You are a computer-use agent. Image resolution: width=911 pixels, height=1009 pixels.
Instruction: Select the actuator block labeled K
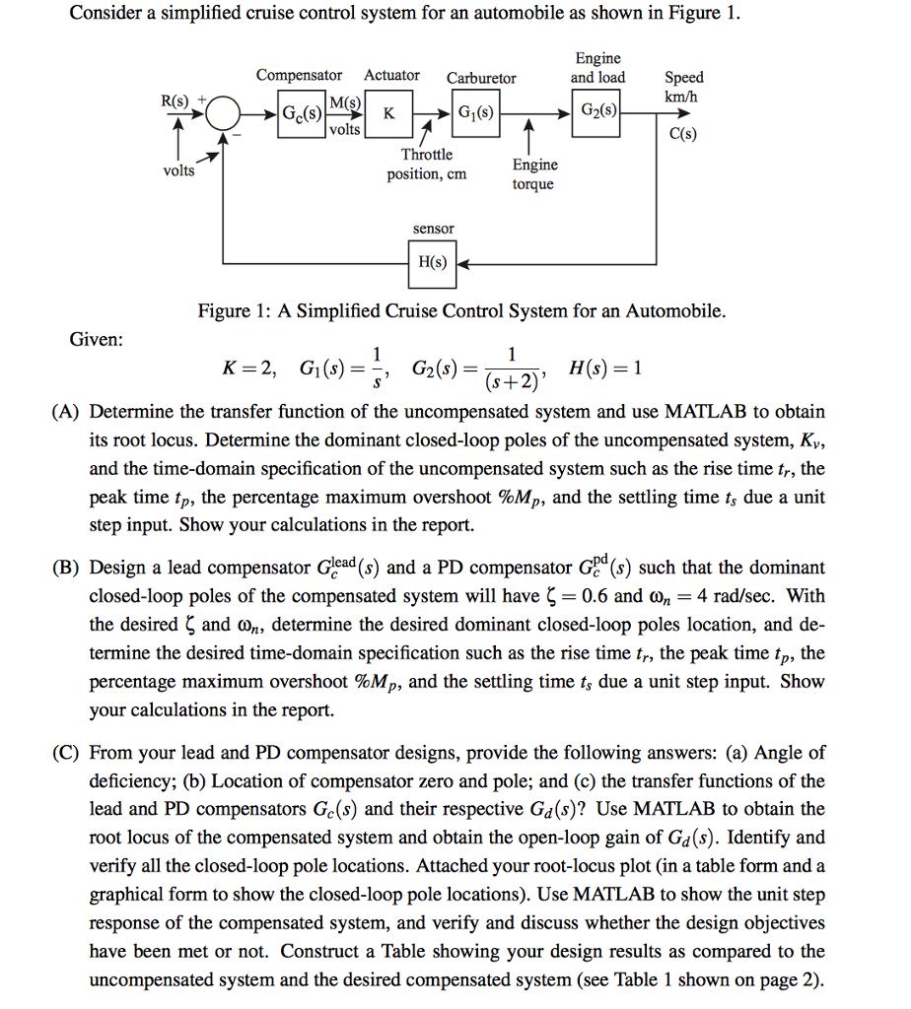coord(389,113)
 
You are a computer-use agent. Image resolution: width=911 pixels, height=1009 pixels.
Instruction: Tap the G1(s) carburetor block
coord(475,112)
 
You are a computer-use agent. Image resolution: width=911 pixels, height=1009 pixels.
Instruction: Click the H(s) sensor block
coord(432,263)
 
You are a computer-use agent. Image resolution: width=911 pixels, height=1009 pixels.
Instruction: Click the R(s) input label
coord(177,99)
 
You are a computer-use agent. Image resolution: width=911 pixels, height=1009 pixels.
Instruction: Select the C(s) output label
coord(682,135)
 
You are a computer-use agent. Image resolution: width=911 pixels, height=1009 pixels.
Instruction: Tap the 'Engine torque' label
coord(534,174)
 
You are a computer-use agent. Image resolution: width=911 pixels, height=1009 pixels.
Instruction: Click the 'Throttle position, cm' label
coord(427,165)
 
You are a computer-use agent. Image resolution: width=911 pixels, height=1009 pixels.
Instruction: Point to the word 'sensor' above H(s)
coord(433,229)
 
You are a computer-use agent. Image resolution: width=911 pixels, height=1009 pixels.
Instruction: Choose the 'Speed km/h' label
coord(683,86)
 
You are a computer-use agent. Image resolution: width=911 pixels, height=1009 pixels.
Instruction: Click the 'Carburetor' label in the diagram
coord(481,78)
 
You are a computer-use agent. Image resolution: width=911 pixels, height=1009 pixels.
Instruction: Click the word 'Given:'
coord(97,340)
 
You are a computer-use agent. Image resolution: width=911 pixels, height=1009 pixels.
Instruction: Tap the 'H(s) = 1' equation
coord(605,370)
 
